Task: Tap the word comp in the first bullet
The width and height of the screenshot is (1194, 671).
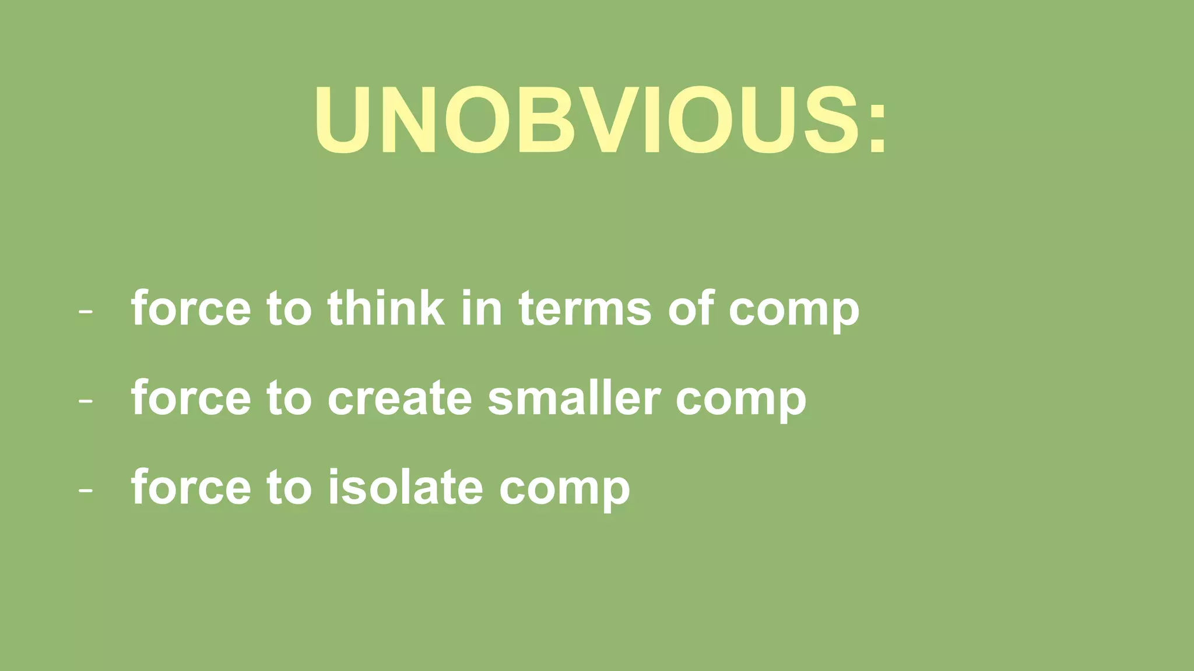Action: point(793,312)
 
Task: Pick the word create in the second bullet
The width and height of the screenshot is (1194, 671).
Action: point(399,398)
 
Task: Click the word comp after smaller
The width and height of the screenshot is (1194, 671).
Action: point(740,402)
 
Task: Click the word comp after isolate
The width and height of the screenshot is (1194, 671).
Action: point(564,492)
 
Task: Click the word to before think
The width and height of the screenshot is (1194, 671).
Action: point(289,309)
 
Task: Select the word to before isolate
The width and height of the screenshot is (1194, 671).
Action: point(289,488)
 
